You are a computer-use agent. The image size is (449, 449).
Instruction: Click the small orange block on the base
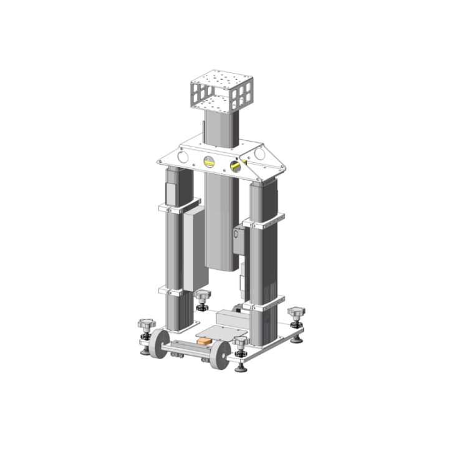click(x=205, y=342)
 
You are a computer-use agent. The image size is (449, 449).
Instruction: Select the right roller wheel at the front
click(x=218, y=355)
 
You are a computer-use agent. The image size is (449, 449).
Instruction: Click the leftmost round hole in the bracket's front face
click(x=182, y=158)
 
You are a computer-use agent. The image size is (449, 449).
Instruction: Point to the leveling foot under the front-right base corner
click(x=241, y=367)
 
